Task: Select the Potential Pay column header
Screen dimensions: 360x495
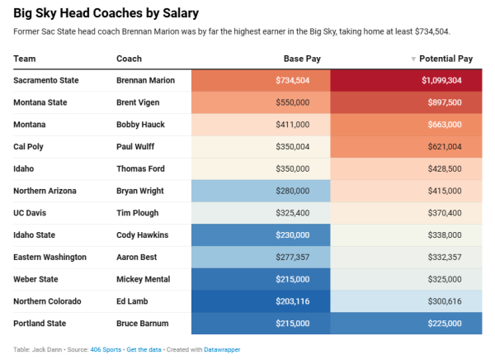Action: point(445,59)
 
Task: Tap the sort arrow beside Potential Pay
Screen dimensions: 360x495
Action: point(413,59)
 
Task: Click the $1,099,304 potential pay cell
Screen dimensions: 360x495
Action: point(406,80)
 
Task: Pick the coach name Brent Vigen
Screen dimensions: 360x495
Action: point(139,102)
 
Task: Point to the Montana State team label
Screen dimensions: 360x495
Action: point(40,102)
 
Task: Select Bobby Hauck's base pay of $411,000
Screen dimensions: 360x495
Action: point(261,125)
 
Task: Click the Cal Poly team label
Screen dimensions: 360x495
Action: point(31,147)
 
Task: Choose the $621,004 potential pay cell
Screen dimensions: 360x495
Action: point(406,147)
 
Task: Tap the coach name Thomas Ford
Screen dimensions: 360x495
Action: point(141,169)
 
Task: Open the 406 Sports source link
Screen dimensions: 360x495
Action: point(105,349)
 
